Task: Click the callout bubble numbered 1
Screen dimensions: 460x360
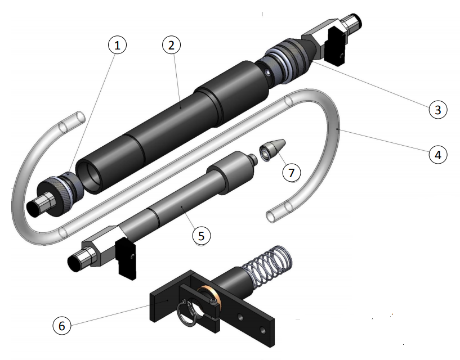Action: coord(117,45)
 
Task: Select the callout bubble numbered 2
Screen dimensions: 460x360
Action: coord(171,45)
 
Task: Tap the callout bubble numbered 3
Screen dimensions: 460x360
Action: coord(437,110)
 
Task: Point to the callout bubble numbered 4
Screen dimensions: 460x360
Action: coord(437,155)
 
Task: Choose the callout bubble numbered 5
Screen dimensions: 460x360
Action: coord(202,235)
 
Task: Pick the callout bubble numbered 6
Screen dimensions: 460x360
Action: coord(62,326)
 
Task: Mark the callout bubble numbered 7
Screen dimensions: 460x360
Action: coord(291,172)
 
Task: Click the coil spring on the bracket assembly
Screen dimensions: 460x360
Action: coord(267,267)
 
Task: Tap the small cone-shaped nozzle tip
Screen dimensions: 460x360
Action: coord(272,149)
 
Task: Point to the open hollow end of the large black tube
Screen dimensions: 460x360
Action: coord(89,177)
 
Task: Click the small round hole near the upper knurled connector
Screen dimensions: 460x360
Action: coord(267,72)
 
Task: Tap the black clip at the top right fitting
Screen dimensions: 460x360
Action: coord(337,46)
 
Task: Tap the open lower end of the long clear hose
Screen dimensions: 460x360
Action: coord(270,217)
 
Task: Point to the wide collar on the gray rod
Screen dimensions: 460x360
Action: coord(230,172)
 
